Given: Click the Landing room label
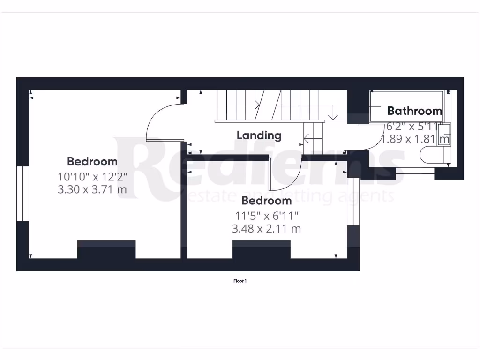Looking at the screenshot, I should pyautogui.click(x=259, y=135).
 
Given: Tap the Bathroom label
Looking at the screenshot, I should pyautogui.click(x=414, y=111).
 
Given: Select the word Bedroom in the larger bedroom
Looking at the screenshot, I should pyautogui.click(x=92, y=162).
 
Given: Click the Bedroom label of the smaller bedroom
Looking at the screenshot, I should pyautogui.click(x=266, y=201).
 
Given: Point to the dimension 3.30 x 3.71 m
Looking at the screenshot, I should pyautogui.click(x=92, y=190).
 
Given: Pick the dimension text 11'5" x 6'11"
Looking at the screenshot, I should pyautogui.click(x=266, y=216).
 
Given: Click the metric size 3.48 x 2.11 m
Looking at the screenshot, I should pyautogui.click(x=266, y=229).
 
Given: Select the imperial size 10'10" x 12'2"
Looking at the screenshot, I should pyautogui.click(x=92, y=177).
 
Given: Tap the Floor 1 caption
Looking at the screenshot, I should pyautogui.click(x=240, y=281).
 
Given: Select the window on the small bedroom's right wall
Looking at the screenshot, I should pyautogui.click(x=353, y=202).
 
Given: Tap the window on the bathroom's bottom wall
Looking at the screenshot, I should pyautogui.click(x=415, y=173).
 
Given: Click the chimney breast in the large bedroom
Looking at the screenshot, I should pyautogui.click(x=106, y=249).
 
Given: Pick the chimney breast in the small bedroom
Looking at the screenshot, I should pyautogui.click(x=262, y=249).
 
